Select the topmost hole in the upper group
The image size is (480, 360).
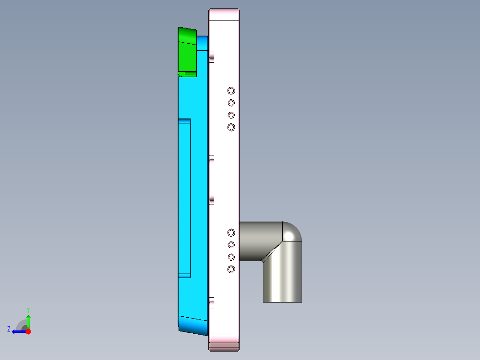point(231,90)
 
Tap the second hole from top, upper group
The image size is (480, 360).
point(231,103)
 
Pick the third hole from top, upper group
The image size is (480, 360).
point(231,115)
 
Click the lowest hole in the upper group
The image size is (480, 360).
point(231,127)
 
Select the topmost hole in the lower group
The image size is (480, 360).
point(231,233)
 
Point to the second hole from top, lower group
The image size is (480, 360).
point(231,245)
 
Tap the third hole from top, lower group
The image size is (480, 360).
point(231,257)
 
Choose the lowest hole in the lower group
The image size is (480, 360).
point(231,269)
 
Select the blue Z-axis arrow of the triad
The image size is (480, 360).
point(18,331)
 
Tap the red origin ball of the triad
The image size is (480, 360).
point(28,331)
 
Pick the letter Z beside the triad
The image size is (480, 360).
point(9,329)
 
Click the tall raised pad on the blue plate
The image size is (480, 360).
point(184,198)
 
